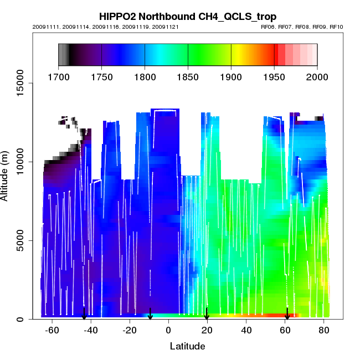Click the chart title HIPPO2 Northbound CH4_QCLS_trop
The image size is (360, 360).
point(188,17)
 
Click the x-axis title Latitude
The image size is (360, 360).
point(187,346)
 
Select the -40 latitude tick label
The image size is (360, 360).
point(90,331)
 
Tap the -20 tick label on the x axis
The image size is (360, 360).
point(129,331)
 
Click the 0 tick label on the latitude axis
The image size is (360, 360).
point(168,331)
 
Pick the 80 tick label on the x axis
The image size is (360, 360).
point(324,331)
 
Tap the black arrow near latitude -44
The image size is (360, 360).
point(84,314)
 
